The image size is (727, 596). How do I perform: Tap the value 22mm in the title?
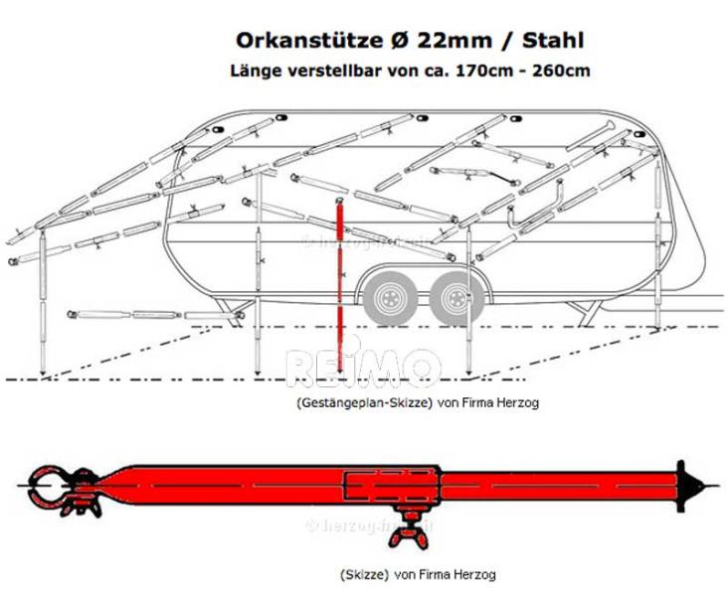pos(434,41)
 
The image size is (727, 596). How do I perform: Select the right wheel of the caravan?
pos(454,295)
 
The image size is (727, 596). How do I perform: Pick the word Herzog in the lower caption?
pos(473,574)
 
